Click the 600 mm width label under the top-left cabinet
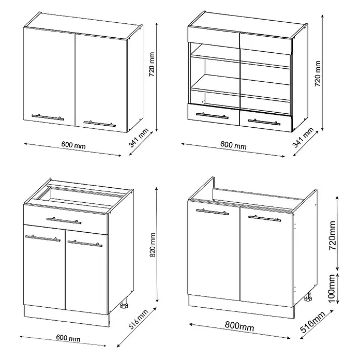tap(73, 145)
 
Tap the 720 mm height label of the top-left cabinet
tap(152, 65)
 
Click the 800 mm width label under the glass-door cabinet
tap(233, 145)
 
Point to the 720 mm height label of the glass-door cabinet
tap(318, 73)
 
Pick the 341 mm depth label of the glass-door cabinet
tap(303, 138)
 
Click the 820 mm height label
tap(153, 245)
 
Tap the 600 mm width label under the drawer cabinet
tap(68, 338)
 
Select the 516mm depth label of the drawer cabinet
tap(139, 319)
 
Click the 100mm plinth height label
tap(333, 289)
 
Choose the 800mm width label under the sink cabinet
tap(239, 326)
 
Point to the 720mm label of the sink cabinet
tap(333, 235)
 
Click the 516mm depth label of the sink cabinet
tap(313, 322)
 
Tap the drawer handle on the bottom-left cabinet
tap(64, 220)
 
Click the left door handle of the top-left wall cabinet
tap(48, 117)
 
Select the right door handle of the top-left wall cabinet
tap(100, 124)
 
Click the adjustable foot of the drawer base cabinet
tap(124, 306)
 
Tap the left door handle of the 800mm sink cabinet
tap(213, 212)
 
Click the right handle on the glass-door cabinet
tap(264, 122)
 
